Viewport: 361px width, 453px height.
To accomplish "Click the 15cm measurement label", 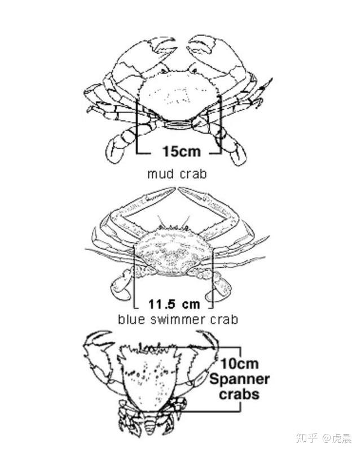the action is [x=178, y=151].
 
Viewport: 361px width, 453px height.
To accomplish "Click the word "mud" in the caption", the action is [x=159, y=174].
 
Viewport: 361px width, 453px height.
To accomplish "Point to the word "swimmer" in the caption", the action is [x=175, y=320].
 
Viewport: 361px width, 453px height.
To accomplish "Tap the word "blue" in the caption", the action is [x=130, y=320].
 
